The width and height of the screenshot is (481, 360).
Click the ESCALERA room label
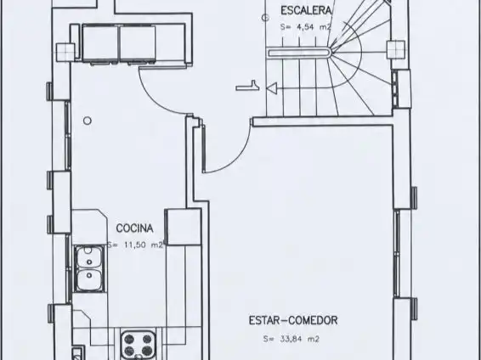point(306,11)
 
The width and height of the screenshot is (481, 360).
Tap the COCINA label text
point(134,228)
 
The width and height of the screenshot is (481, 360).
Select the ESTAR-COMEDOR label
point(293,320)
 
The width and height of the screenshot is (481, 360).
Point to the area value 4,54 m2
point(306,27)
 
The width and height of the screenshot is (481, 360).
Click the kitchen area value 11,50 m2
point(135,245)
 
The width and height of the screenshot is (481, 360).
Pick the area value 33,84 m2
point(291,339)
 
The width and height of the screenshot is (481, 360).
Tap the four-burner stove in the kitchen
point(138,344)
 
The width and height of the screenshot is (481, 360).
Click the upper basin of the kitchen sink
point(89,256)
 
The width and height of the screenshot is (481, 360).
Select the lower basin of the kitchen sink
point(89,279)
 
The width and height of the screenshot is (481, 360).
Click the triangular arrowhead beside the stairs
point(272,88)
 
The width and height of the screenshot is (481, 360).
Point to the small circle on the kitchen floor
point(88,121)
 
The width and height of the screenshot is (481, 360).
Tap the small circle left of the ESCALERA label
point(265,18)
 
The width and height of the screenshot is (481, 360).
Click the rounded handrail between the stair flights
point(299,53)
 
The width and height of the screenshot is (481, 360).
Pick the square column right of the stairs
point(396,49)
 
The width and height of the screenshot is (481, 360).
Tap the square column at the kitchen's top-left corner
point(65,53)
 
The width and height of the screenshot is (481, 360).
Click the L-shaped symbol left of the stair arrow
point(247,86)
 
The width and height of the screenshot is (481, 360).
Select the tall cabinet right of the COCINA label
point(183,227)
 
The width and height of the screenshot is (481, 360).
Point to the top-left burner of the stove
point(129,339)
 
